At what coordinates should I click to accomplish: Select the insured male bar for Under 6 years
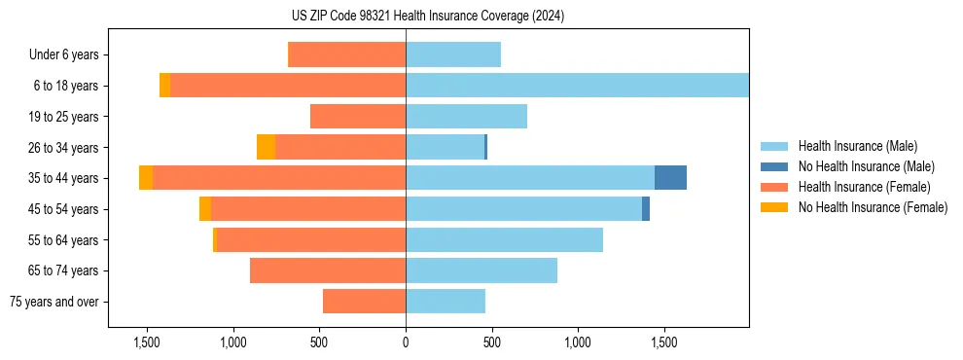(453, 54)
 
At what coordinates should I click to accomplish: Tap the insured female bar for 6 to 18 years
(288, 86)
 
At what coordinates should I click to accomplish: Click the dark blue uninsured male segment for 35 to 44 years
(670, 178)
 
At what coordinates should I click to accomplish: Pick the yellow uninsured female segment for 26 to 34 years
(266, 147)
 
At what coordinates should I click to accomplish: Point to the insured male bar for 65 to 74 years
(481, 270)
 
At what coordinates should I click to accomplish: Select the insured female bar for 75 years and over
(364, 302)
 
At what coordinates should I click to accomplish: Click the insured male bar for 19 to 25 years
(466, 117)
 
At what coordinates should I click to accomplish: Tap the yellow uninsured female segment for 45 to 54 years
(205, 209)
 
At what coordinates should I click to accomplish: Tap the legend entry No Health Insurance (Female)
(873, 207)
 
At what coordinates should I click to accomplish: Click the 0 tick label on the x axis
(406, 343)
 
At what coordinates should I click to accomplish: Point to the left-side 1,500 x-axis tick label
(147, 343)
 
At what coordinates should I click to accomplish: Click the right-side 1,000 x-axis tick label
(578, 343)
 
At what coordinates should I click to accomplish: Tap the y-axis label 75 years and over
(54, 302)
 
